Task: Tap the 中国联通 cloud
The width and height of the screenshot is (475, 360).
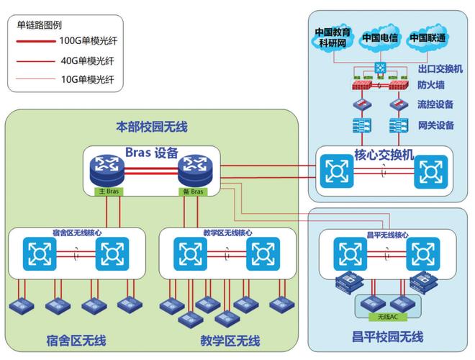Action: click(x=428, y=37)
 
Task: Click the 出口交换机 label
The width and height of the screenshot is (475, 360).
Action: click(x=440, y=69)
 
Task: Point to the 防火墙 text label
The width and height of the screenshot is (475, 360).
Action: click(x=431, y=85)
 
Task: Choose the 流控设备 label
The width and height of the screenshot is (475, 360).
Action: click(x=435, y=104)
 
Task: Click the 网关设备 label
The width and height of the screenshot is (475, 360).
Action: click(x=435, y=125)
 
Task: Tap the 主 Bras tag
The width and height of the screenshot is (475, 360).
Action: click(x=109, y=192)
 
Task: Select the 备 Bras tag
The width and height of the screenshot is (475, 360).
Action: click(x=192, y=192)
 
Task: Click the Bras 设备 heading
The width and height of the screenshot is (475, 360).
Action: click(x=151, y=153)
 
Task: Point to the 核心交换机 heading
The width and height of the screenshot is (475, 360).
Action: click(x=384, y=155)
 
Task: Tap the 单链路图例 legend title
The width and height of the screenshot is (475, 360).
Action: click(x=35, y=24)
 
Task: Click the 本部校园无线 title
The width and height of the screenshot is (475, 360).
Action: click(x=151, y=127)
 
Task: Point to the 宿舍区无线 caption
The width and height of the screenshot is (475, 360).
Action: click(x=76, y=340)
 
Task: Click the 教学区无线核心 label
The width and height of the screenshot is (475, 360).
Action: click(x=226, y=233)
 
